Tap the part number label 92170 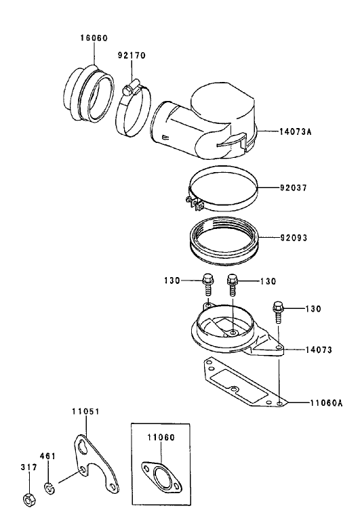[x=132, y=55]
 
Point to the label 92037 [x=293, y=188]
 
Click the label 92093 [x=293, y=238]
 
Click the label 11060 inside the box [x=161, y=438]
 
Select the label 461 [x=49, y=456]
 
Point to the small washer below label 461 [x=49, y=486]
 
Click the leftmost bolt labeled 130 [x=206, y=284]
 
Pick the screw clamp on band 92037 [x=193, y=203]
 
